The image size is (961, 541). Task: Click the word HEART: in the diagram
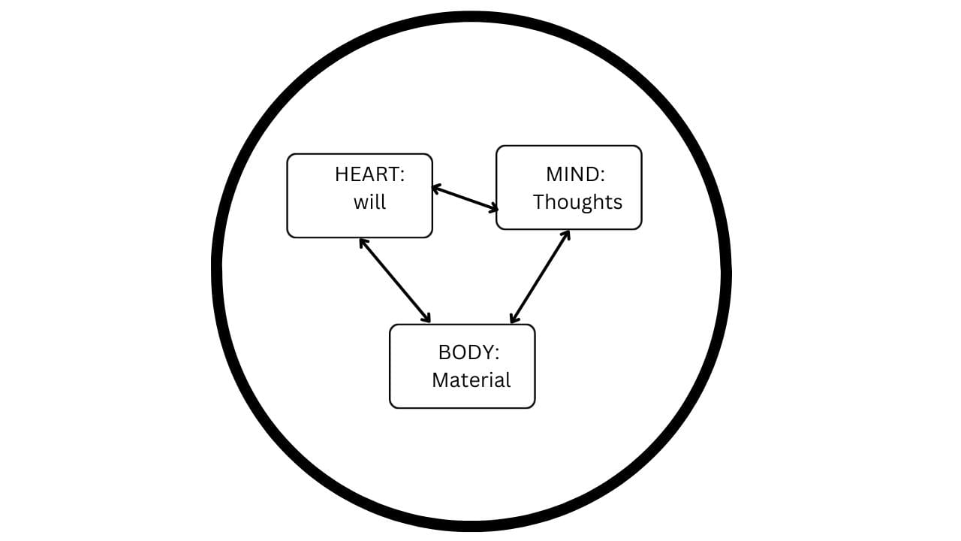click(369, 174)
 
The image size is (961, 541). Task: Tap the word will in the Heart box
click(369, 202)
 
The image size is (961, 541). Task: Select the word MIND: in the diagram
click(575, 174)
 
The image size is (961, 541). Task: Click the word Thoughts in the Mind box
click(577, 202)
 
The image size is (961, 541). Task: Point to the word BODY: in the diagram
click(468, 352)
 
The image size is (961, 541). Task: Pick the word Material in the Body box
click(471, 380)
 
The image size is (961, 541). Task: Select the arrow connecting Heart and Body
click(395, 280)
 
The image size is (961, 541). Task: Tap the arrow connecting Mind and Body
click(540, 277)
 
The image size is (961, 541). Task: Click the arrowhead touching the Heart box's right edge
click(436, 189)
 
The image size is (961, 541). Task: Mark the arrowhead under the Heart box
click(363, 242)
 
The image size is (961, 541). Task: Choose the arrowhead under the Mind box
click(566, 234)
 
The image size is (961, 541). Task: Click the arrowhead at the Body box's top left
click(426, 319)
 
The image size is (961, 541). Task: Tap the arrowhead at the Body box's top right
click(514, 319)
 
